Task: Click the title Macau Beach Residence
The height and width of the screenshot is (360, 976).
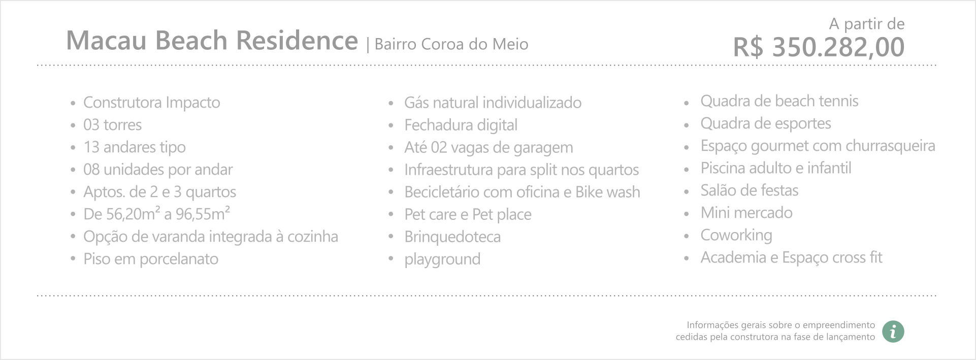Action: point(212,41)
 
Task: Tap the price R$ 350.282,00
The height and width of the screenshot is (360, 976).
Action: point(819,47)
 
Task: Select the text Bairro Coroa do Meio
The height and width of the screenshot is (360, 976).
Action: point(451,44)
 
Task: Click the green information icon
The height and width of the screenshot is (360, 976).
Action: point(893,331)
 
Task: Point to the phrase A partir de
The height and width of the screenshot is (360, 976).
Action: point(867,24)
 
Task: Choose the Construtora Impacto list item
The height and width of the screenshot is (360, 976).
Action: point(152,103)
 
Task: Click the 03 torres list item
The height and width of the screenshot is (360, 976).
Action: point(113,125)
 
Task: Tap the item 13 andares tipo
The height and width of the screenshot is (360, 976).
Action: point(135,147)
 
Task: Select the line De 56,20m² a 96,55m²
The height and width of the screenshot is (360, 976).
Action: point(157,214)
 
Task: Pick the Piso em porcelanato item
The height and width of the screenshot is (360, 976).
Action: point(151,259)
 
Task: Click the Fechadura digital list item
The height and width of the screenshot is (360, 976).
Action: point(461,125)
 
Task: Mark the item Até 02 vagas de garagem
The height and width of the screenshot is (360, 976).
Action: point(489,147)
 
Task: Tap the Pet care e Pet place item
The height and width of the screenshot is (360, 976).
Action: point(468,214)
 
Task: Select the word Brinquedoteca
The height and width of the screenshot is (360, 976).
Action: point(452,237)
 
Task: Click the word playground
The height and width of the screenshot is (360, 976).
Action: point(442,259)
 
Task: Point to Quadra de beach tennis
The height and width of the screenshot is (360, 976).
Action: point(779,101)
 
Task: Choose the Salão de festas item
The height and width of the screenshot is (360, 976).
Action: point(750,190)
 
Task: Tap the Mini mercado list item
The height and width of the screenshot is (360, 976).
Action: point(746,213)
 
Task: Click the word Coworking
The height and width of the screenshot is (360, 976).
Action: point(736,235)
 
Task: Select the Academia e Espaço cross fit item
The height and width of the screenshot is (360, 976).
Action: point(792,257)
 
